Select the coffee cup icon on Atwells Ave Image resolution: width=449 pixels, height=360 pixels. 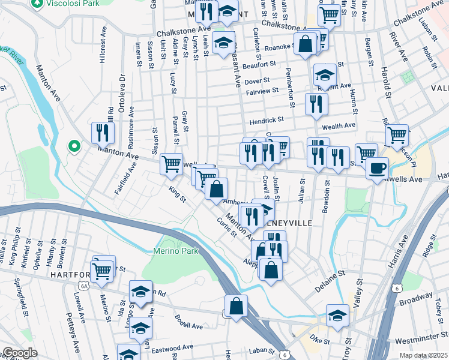(376, 167)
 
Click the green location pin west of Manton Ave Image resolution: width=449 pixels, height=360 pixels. (74, 146)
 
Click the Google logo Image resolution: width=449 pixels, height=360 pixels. (19, 353)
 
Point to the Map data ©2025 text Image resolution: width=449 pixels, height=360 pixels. (423, 355)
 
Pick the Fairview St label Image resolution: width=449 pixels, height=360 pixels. (262, 92)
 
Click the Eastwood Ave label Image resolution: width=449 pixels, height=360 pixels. (172, 347)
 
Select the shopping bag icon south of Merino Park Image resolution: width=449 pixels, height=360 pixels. (237, 305)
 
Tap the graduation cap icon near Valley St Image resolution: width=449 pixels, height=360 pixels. (337, 316)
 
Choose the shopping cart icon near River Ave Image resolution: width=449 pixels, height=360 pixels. (397, 136)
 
